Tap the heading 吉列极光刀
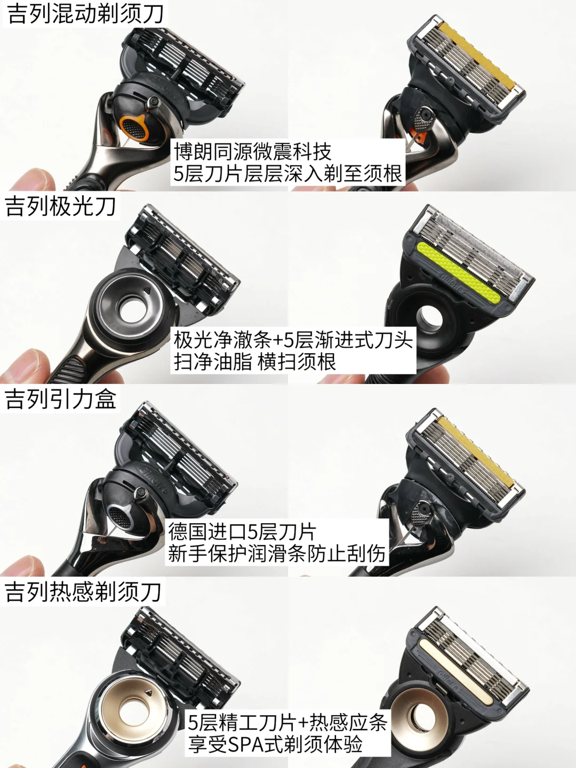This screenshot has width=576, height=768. (x=60, y=206)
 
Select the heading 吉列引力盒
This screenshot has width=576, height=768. (x=60, y=399)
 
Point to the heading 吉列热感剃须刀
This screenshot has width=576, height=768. (x=83, y=591)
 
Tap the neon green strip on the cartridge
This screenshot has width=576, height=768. (x=459, y=273)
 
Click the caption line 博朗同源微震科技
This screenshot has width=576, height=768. (x=252, y=151)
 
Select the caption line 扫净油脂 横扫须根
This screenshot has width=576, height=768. (x=254, y=362)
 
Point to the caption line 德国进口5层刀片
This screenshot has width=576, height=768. (x=242, y=532)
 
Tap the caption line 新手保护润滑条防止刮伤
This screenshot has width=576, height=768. (x=276, y=553)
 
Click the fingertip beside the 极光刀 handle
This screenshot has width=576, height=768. (x=21, y=364)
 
